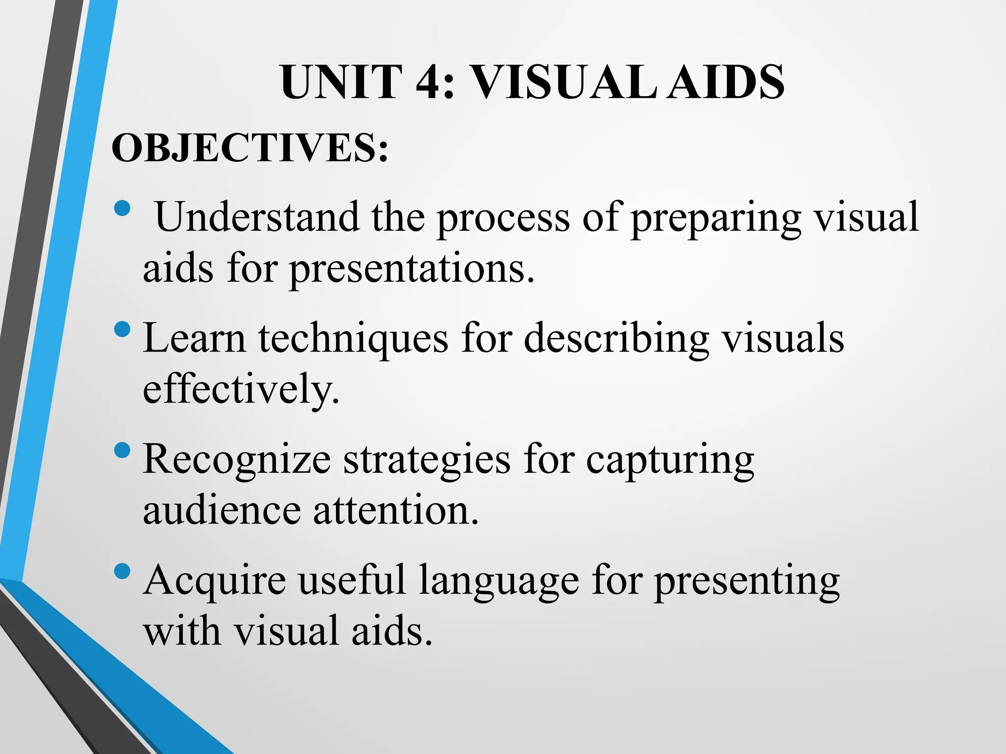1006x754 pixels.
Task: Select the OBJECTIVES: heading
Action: click(250, 148)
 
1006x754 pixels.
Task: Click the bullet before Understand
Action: click(122, 208)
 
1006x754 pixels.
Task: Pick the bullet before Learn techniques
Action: click(122, 329)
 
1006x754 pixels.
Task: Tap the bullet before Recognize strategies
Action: click(122, 450)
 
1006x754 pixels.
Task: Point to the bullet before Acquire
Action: click(122, 570)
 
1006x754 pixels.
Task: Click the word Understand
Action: click(257, 217)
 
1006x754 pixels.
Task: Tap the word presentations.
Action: click(412, 270)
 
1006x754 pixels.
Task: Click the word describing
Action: click(616, 339)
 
